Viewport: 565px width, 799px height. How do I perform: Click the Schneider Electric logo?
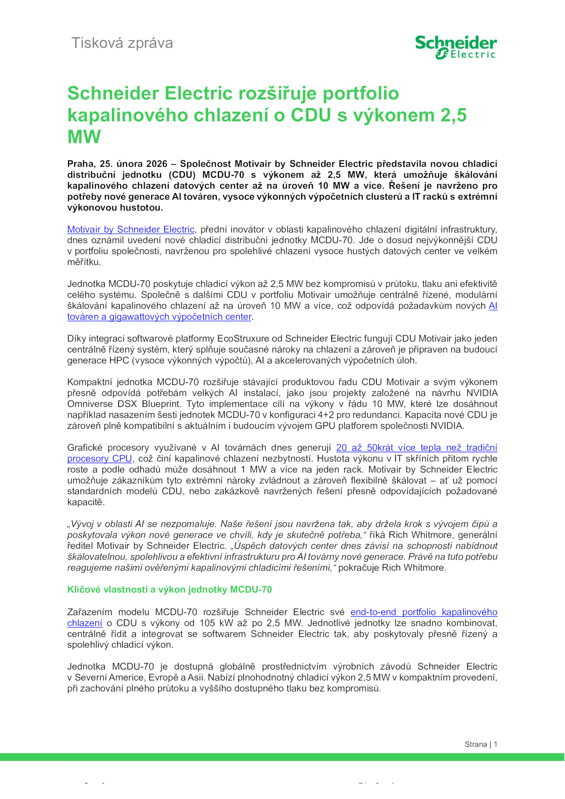456,47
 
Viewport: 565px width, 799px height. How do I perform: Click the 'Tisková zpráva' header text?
122,43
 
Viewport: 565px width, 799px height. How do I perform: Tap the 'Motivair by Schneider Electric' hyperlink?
131,230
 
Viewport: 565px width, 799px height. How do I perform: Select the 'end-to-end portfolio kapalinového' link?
423,612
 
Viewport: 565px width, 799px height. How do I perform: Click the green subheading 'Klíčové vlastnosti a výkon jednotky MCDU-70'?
169,590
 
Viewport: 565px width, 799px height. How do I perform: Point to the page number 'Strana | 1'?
481,744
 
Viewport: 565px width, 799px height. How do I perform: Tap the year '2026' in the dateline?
156,164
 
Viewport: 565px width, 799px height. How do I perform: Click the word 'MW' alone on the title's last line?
84,137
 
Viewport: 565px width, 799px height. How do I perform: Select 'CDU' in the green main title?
311,116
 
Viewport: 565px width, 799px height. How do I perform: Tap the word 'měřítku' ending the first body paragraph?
84,262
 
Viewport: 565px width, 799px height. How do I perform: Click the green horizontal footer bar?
282,757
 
